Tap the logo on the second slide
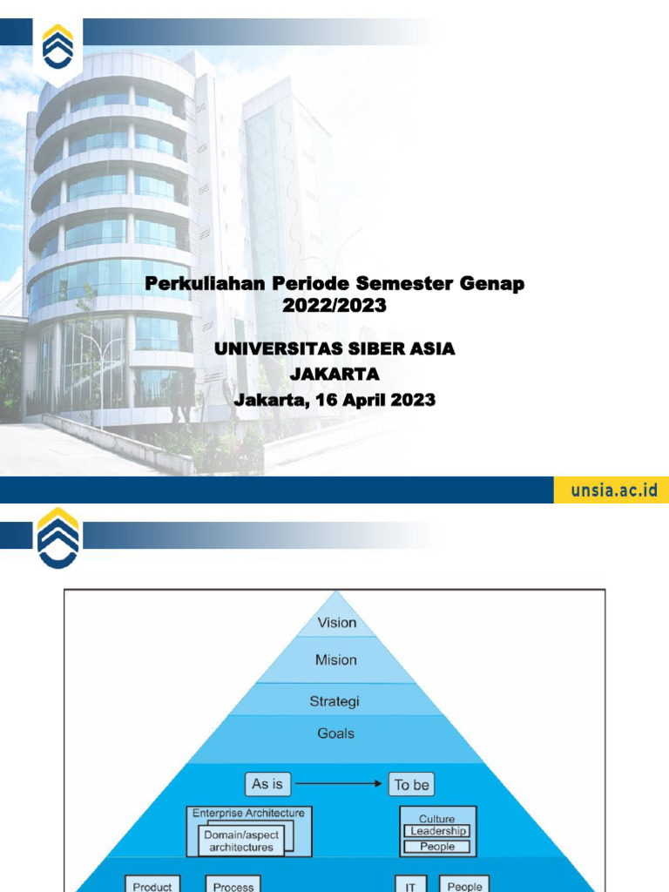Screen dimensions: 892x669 (58, 537)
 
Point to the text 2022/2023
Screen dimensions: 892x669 (334, 306)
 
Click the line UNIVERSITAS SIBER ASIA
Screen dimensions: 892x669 (334, 349)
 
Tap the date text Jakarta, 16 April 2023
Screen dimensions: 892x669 (334, 400)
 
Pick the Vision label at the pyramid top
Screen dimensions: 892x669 (336, 623)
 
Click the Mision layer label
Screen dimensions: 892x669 (336, 660)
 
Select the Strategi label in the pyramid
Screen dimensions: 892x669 (334, 701)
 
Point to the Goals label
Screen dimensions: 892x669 (335, 733)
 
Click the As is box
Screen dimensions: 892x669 (267, 784)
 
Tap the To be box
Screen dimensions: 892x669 (412, 785)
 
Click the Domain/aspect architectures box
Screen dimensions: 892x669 (240, 841)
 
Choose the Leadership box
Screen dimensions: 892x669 (437, 832)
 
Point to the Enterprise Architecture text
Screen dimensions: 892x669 (248, 813)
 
